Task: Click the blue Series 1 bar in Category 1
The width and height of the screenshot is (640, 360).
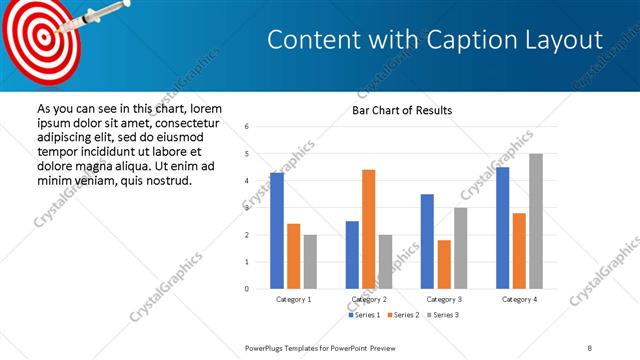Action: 277,231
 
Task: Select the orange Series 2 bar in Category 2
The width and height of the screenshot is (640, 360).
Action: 369,229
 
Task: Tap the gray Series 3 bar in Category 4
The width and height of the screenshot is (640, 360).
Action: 536,221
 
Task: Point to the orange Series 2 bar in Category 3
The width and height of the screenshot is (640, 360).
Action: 444,264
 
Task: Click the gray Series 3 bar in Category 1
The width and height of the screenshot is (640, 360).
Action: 310,261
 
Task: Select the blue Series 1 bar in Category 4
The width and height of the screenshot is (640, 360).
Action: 503,228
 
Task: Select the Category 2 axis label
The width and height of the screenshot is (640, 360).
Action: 369,299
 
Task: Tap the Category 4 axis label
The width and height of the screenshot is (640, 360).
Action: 519,299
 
